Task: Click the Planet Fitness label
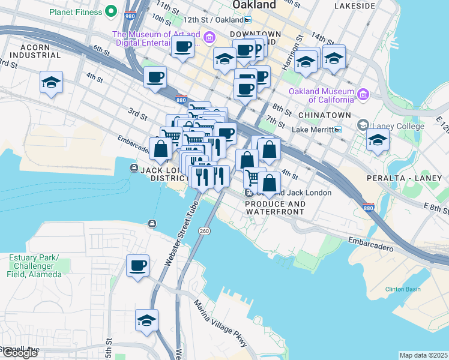pos(74,11)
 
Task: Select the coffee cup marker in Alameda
pos(137,266)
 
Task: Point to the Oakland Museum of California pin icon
pos(363,94)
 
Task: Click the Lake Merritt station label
pos(312,130)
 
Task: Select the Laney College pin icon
pos(363,125)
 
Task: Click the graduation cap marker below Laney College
pos(378,140)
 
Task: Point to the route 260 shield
pos(204,231)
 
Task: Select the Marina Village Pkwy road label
pos(220,322)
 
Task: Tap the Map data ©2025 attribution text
pos(424,355)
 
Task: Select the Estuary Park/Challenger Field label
pos(35,266)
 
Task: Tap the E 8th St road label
pos(436,208)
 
